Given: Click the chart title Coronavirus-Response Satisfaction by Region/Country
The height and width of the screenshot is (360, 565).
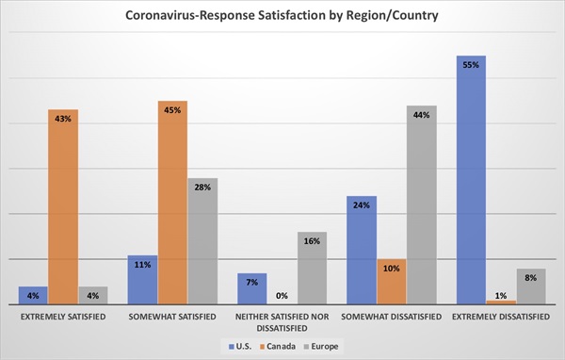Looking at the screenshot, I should [282, 16].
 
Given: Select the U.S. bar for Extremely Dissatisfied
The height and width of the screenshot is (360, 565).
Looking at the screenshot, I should [471, 179].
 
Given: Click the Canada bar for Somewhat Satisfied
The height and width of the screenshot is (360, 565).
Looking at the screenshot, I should [172, 203].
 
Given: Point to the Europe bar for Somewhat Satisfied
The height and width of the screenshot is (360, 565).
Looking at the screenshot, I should [202, 241].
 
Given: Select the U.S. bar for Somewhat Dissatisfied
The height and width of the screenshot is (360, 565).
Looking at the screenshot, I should [362, 250].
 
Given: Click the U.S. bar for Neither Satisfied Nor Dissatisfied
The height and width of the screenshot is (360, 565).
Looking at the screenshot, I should [251, 288].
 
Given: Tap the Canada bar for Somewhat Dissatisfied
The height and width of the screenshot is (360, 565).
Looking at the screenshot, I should [392, 281].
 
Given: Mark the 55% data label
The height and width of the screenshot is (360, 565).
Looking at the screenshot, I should [471, 65].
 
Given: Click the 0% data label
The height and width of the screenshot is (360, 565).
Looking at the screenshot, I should [282, 295].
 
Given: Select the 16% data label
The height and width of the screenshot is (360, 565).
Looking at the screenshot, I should [312, 241].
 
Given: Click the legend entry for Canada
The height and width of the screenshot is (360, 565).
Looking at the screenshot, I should [287, 346].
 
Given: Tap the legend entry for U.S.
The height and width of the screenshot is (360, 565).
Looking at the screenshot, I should [246, 346].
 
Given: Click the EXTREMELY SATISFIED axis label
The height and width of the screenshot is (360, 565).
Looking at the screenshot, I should [63, 316].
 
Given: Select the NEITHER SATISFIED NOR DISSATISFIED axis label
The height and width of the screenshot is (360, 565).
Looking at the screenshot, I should [282, 321].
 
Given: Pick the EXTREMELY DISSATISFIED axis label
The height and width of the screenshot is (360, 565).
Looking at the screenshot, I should [501, 316].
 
